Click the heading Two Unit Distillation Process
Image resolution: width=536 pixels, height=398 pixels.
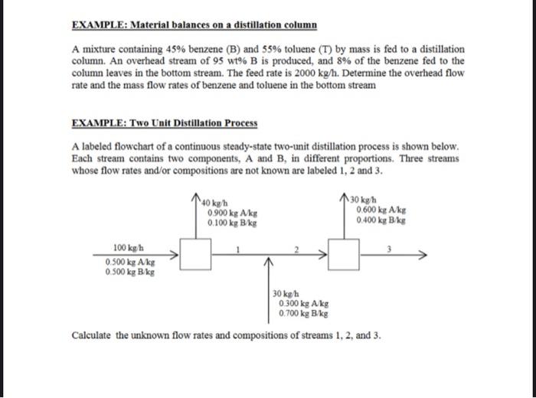click(x=164, y=122)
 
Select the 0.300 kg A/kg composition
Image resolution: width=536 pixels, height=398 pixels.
click(x=304, y=304)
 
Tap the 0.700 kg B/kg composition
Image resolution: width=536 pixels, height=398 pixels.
click(x=304, y=314)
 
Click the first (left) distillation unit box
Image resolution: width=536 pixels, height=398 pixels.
click(x=196, y=256)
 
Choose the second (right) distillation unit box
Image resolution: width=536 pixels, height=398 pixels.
click(x=345, y=254)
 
